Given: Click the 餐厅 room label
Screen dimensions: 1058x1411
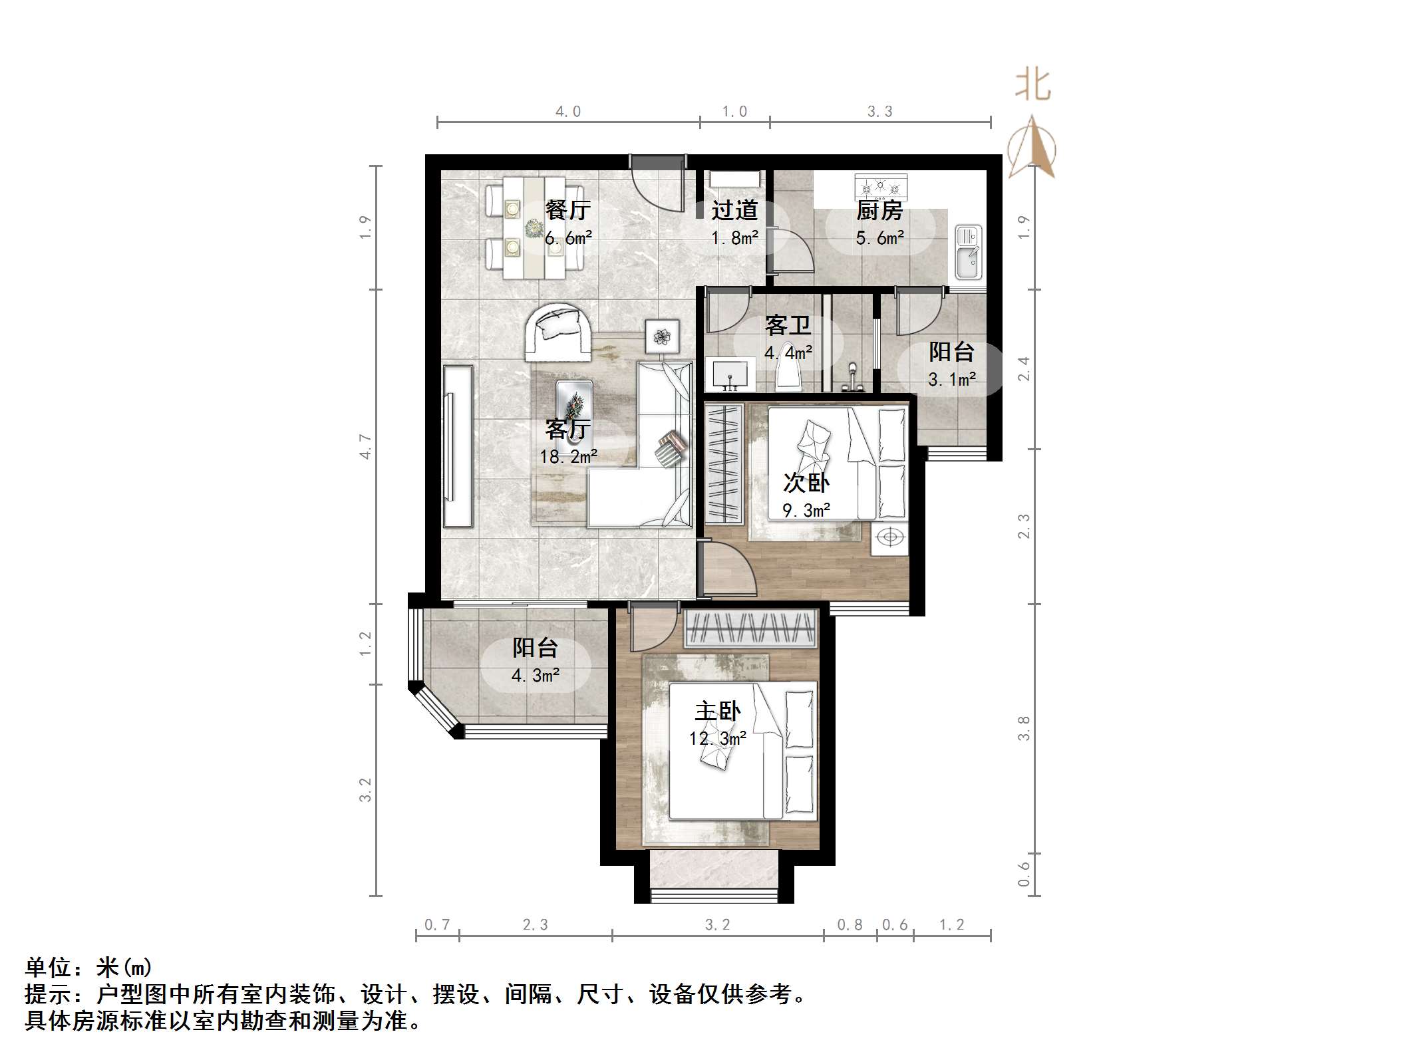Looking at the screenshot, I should click(x=567, y=210).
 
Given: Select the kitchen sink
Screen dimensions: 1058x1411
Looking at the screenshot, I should click(x=968, y=253).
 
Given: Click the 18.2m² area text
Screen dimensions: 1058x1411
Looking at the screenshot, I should click(x=568, y=457).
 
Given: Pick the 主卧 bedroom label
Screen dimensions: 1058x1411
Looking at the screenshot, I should click(x=717, y=712).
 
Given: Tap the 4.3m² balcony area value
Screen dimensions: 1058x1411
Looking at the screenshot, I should click(x=535, y=676).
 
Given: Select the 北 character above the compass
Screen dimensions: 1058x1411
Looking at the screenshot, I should click(x=1032, y=86).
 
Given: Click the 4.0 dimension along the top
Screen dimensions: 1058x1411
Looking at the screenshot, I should click(x=568, y=112).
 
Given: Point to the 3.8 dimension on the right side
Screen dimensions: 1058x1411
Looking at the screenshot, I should click(x=1024, y=728).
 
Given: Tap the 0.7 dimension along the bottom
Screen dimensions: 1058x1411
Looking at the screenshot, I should click(x=437, y=925).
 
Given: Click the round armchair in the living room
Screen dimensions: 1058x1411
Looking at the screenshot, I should click(x=559, y=332).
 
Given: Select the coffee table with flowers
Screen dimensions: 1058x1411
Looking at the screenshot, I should click(x=573, y=407).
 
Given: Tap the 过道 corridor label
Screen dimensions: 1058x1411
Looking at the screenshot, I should click(x=734, y=210).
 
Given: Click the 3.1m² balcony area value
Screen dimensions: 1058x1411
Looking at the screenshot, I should click(x=952, y=380).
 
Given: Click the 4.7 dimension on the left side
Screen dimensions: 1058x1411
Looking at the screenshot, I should click(x=365, y=446).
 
